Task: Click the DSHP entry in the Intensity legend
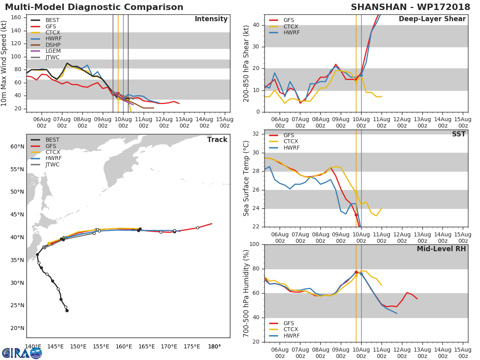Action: pos(52,45)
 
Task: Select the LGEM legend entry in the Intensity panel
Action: pos(53,51)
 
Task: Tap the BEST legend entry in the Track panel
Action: pos(52,140)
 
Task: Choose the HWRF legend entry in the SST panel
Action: pos(291,148)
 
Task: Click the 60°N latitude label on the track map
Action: pos(18,146)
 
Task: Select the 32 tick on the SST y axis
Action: pos(256,134)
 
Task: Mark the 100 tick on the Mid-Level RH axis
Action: pos(255,244)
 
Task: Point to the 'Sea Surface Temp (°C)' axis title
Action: pos(246,178)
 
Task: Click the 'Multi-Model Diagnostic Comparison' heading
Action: pos(94,7)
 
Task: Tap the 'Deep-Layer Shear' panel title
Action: pos(432,19)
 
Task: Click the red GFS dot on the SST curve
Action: pos(356,215)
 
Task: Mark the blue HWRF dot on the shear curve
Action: pos(361,75)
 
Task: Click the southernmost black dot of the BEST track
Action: pos(67,310)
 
